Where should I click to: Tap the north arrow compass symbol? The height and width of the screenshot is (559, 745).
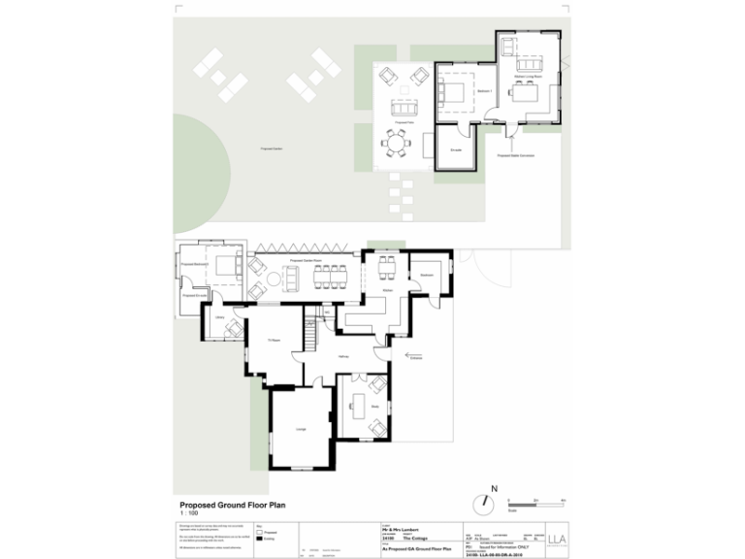click(483, 504)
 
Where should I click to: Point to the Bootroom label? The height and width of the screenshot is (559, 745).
click(425, 276)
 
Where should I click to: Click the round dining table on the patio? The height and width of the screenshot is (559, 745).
click(397, 143)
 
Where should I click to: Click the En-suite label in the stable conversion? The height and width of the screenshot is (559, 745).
click(455, 150)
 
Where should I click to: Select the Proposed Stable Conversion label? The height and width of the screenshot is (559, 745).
click(516, 154)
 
